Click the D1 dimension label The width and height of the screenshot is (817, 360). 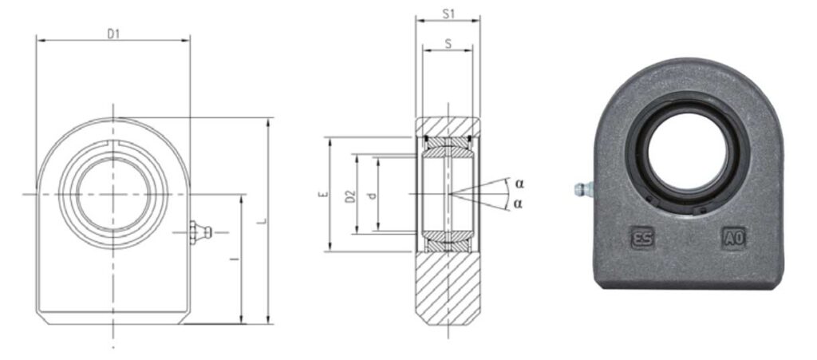(x=113, y=34)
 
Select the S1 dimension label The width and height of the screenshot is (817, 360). (x=448, y=14)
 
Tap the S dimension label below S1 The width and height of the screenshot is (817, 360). (x=448, y=44)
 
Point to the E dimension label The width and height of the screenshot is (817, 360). (x=324, y=194)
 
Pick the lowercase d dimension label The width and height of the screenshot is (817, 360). (x=371, y=196)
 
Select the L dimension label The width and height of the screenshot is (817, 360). (x=263, y=221)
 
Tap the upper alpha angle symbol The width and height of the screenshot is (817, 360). (x=519, y=184)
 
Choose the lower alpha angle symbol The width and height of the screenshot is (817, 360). (x=517, y=204)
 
